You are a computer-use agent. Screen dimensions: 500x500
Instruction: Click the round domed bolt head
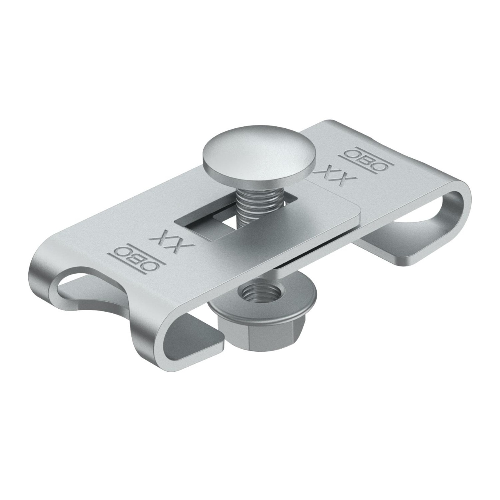(258, 157)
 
